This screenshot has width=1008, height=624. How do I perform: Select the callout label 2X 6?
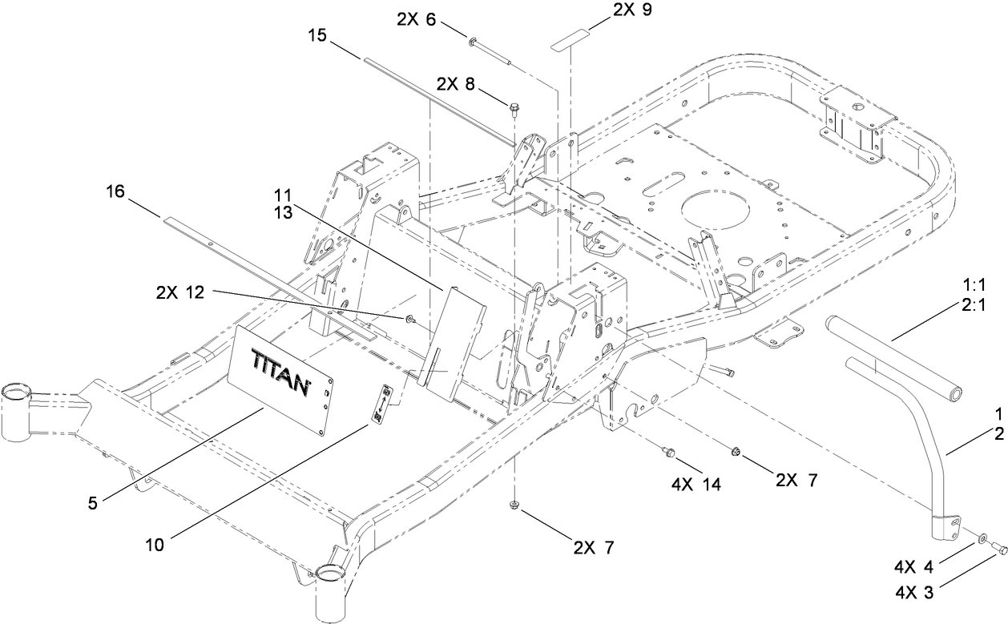(x=414, y=19)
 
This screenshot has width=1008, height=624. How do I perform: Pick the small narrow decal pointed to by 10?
(x=384, y=403)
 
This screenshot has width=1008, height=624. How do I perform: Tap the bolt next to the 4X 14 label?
(x=667, y=454)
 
